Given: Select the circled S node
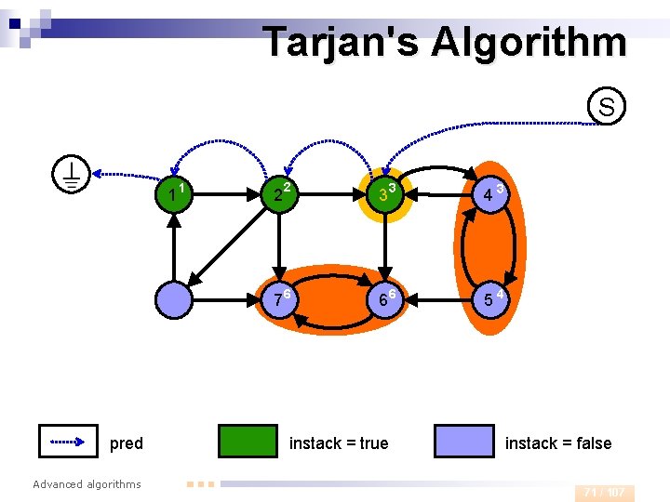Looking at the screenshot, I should point(606,107).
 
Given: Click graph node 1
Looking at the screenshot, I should point(174,195).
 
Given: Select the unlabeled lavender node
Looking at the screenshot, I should point(174,300).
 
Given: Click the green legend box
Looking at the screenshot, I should point(248,442).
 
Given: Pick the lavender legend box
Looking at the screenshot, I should point(464,442).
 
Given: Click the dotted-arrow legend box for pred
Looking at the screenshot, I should point(68,442).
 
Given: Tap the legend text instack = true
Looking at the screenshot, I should point(339,443).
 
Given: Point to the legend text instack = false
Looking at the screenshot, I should point(558,443).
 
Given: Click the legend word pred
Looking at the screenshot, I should point(127,443).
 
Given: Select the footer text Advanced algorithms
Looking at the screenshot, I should point(87,483).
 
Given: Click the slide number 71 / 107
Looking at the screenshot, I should point(604,492).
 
